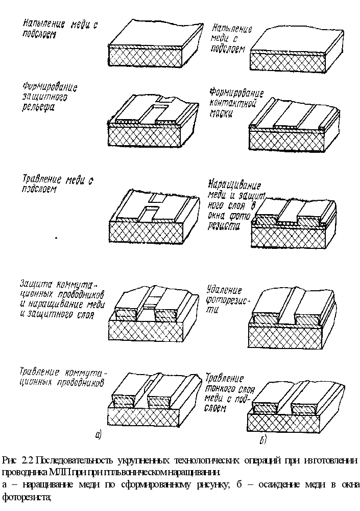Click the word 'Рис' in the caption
10,460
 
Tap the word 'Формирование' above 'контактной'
236,94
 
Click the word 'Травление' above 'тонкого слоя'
224,379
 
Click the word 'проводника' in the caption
25,472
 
